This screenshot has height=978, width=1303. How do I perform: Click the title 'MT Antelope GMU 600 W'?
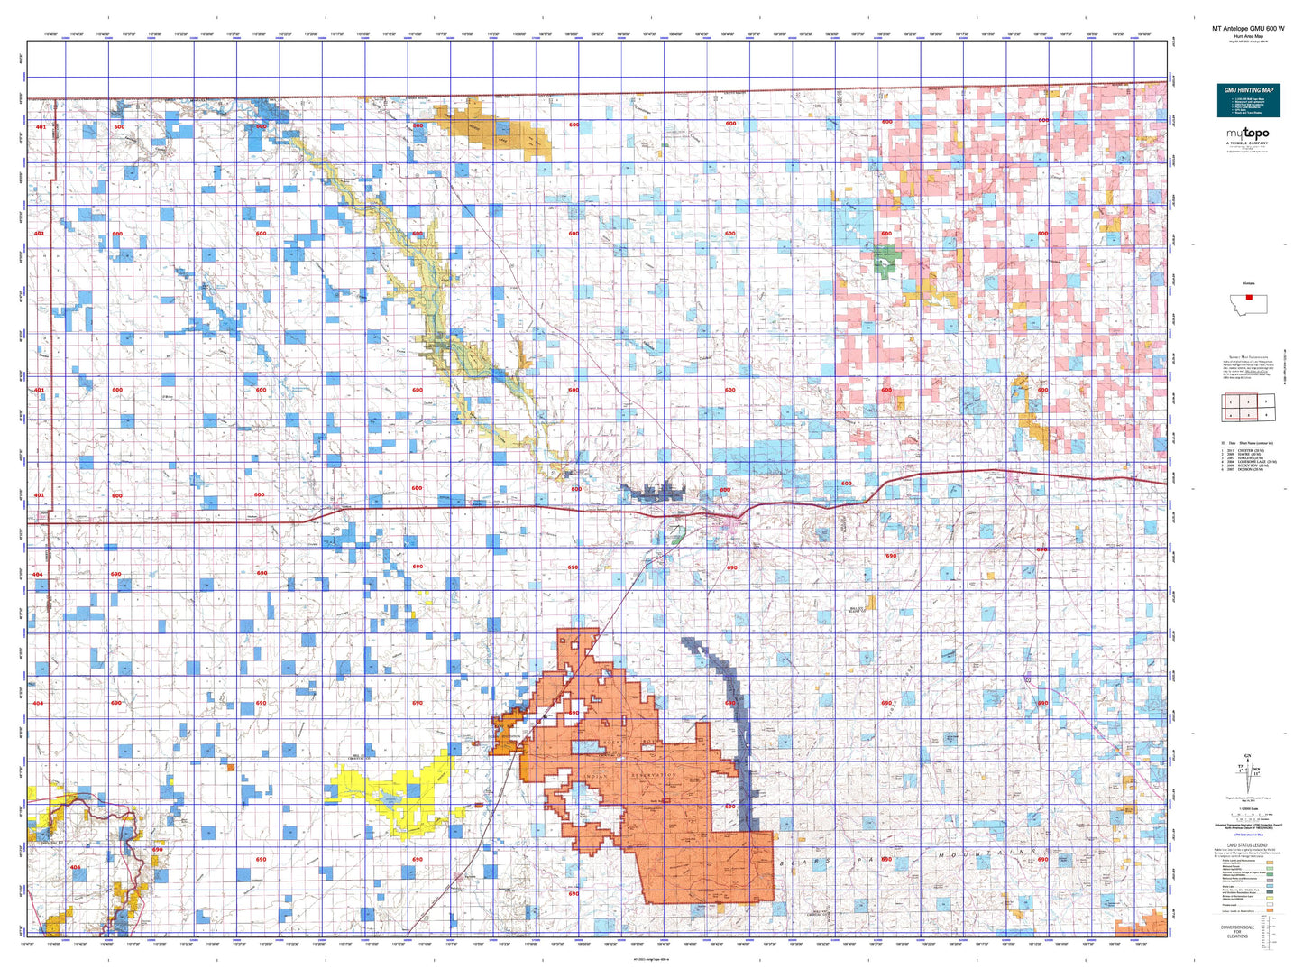tap(1248, 29)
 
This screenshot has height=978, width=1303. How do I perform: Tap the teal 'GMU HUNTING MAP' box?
tap(1248, 100)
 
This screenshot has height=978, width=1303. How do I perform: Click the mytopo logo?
tap(1248, 135)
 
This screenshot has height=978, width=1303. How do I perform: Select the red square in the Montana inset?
tap(1248, 296)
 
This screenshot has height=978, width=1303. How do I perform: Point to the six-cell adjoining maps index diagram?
tap(1248, 407)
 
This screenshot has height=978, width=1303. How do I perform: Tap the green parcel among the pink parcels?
tap(885, 262)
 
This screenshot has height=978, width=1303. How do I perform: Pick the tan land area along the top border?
tap(492, 131)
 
